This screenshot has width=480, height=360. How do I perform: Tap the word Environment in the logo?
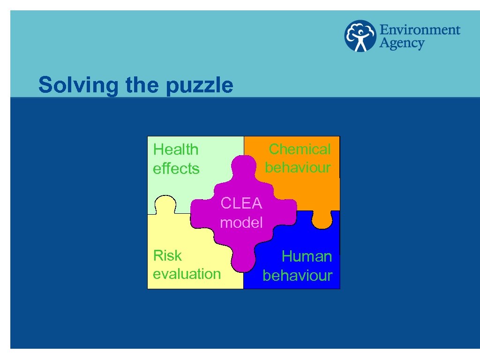tap(420, 30)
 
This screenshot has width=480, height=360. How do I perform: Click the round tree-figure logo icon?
tap(360, 36)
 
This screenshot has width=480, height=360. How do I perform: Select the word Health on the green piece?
tap(176, 150)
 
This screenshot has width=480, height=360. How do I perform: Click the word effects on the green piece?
tap(176, 168)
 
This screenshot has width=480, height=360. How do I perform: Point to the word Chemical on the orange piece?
tap(300, 149)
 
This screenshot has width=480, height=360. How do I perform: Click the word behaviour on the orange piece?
tap(298, 167)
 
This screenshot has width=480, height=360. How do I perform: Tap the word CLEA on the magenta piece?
tap(241, 203)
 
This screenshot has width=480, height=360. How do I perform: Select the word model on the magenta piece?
tap(241, 222)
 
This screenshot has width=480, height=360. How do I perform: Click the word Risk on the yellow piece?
tap(167, 255)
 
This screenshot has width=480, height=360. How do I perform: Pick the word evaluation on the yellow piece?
tap(187, 274)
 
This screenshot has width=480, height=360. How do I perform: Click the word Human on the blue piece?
tap(307, 256)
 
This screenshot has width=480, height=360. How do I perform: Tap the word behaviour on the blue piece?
tap(297, 275)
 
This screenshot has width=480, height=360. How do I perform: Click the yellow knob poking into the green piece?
tap(165, 205)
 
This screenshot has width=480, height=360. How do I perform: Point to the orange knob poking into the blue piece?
tap(322, 220)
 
